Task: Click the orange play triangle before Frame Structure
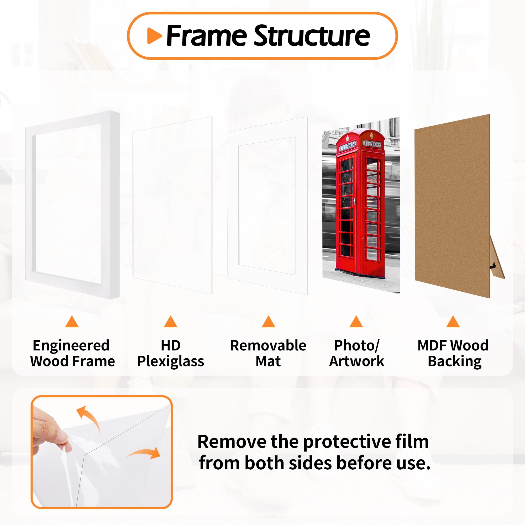point(154,36)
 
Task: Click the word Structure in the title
point(312,36)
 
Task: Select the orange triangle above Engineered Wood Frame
point(72,322)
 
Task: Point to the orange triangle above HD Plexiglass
point(170,322)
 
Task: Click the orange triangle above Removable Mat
point(269,322)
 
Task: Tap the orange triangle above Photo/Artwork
point(356,322)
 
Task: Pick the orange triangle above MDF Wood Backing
point(453,322)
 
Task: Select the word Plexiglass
point(170,362)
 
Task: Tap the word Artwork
point(356,362)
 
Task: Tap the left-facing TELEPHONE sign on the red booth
point(348,146)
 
